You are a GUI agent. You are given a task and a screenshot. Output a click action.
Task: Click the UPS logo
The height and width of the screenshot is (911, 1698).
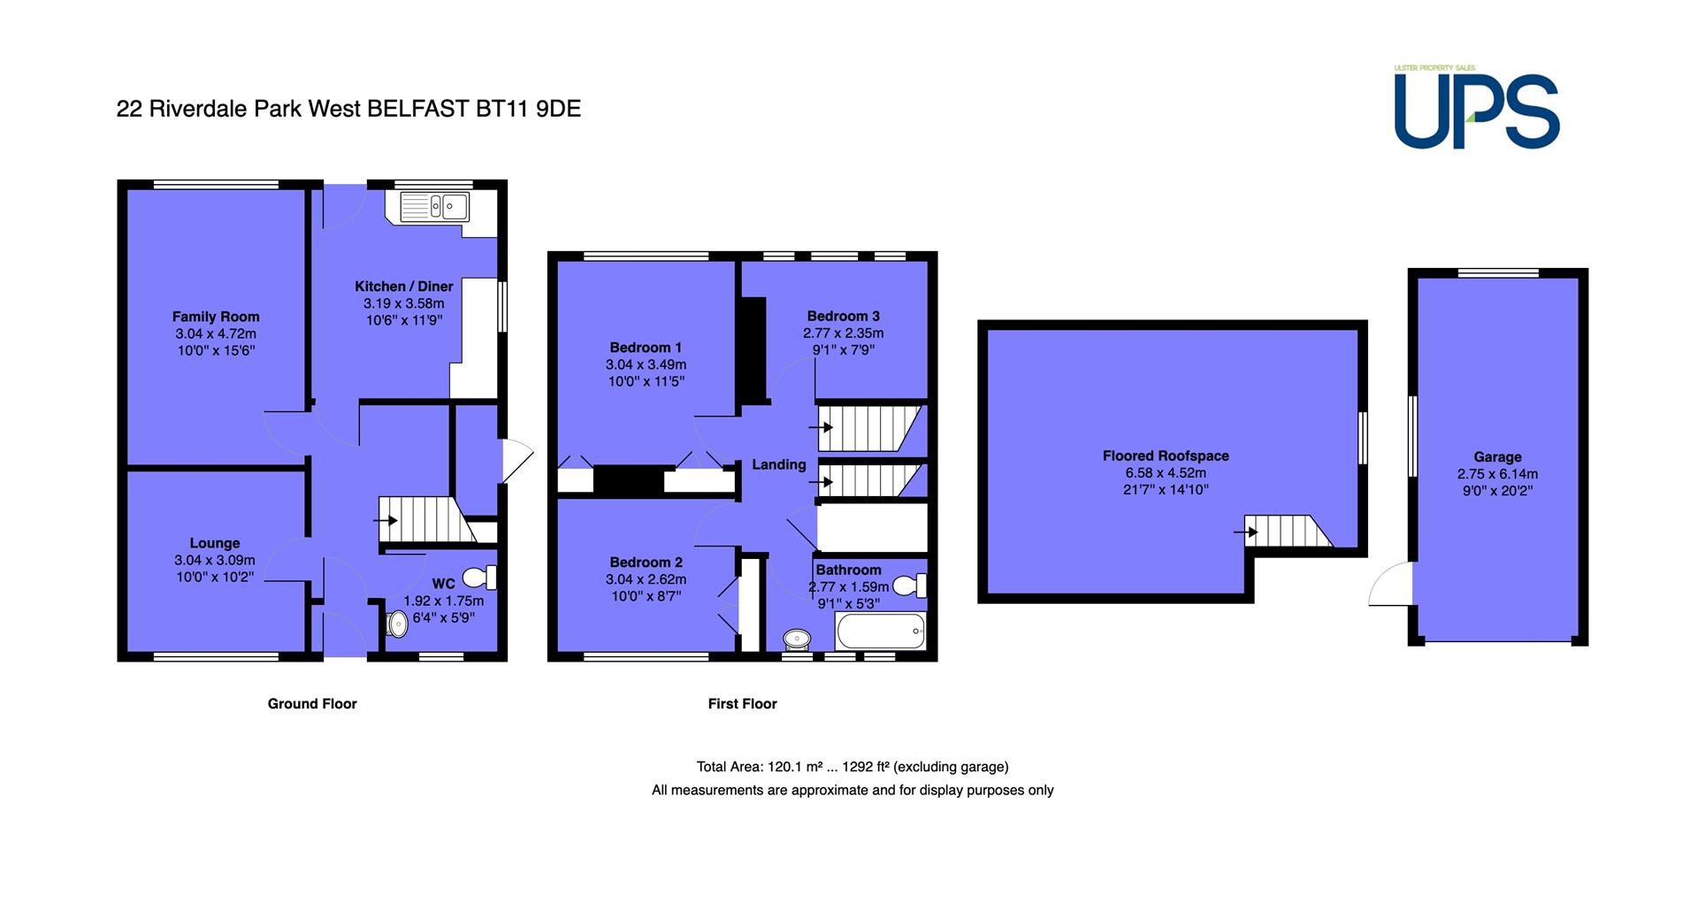click(1477, 107)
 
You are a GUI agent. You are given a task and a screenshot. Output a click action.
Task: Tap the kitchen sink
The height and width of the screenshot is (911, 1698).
click(434, 207)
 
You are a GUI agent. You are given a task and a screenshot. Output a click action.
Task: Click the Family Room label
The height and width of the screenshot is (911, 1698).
click(216, 317)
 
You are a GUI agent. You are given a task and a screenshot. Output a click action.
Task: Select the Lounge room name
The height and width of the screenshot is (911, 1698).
click(215, 543)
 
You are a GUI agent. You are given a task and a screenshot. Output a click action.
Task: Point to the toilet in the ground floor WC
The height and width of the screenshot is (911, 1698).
click(479, 578)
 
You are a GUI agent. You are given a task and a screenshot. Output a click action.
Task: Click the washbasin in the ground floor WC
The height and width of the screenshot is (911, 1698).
click(394, 624)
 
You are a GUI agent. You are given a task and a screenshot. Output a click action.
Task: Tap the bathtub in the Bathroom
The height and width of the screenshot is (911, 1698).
click(881, 632)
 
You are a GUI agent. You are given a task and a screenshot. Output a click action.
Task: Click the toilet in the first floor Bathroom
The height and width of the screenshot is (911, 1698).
click(909, 586)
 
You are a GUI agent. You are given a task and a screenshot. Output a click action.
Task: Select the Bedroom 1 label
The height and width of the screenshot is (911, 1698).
click(646, 348)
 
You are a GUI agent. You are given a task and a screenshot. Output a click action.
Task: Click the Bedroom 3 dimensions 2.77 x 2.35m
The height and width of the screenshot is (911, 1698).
click(844, 333)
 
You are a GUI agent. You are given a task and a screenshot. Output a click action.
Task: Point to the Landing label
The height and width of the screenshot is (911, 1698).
click(779, 464)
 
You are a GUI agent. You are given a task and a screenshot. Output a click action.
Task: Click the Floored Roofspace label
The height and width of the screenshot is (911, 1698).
click(1166, 456)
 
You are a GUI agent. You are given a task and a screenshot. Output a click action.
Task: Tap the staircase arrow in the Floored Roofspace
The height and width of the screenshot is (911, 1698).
click(1247, 532)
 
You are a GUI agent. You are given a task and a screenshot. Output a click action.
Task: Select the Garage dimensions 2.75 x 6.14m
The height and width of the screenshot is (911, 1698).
click(1497, 474)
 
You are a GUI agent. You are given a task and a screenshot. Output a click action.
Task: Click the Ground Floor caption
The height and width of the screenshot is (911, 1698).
click(312, 704)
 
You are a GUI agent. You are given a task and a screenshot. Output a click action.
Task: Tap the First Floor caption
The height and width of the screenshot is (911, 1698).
click(743, 704)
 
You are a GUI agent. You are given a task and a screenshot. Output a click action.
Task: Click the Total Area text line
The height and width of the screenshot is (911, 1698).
click(853, 767)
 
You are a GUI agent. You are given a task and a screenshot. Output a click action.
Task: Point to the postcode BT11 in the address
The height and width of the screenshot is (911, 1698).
click(502, 109)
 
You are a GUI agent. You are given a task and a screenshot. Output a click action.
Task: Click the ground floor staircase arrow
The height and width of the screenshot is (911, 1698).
click(386, 520)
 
